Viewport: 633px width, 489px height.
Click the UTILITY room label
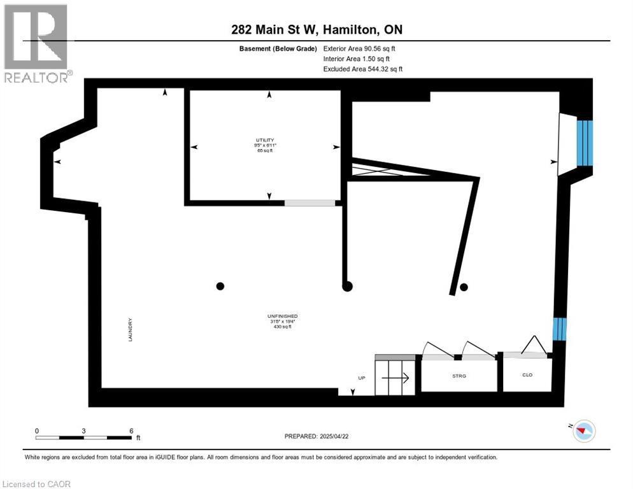[265, 140]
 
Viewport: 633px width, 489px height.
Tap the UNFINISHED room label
[282, 316]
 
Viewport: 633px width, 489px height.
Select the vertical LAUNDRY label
[130, 330]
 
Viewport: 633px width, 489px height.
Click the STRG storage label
[459, 376]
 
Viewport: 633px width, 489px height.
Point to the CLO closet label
[527, 374]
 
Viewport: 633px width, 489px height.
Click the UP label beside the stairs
[362, 378]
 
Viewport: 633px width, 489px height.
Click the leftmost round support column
[220, 286]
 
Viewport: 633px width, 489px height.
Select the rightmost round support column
[464, 287]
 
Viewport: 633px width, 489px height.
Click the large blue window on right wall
[585, 143]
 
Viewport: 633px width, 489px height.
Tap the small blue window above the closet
[558, 329]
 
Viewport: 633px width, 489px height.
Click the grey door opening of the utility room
[309, 203]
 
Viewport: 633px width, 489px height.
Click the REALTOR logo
[36, 43]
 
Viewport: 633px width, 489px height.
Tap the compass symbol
[583, 431]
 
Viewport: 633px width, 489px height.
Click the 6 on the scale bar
[131, 430]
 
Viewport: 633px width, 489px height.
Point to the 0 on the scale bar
[37, 430]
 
